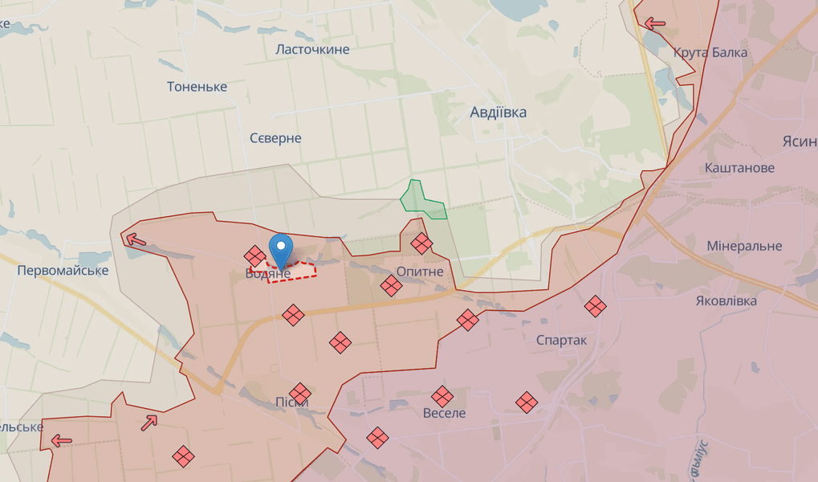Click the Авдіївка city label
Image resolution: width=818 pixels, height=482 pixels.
[x=498, y=112]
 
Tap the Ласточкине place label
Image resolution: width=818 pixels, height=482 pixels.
[x=312, y=50]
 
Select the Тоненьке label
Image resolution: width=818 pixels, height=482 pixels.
[x=197, y=87]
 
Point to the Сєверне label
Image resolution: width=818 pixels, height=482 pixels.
[x=275, y=138]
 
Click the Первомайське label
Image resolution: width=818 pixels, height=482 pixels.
[x=63, y=270]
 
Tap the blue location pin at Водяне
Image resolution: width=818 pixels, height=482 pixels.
[x=281, y=249]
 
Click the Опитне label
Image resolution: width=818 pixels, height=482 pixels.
[x=420, y=272]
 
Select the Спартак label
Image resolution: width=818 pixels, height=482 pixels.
[x=561, y=341]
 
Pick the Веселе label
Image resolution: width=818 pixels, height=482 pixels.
[x=444, y=413]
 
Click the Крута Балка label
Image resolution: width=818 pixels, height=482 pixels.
[x=710, y=53]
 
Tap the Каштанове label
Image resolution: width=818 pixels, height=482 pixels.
[x=739, y=168]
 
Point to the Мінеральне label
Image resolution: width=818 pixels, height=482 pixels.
[x=744, y=246]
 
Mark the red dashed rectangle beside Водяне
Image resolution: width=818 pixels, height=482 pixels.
[x=292, y=271]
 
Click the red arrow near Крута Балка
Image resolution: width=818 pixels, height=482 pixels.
[x=655, y=23]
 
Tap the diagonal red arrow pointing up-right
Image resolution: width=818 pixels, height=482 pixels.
[x=149, y=422]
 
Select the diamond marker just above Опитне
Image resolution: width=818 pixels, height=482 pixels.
[x=421, y=243]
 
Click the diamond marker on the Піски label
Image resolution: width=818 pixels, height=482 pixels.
[x=300, y=394]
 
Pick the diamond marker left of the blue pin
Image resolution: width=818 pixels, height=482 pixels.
[x=255, y=256]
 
